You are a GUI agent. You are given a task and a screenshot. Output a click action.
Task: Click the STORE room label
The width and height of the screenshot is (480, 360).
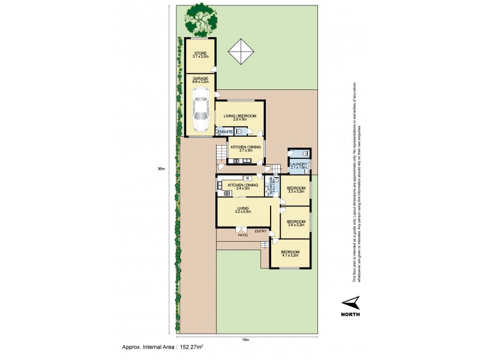[200, 55]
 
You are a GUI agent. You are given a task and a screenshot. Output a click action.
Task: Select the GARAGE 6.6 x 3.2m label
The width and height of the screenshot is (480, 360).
[200, 81]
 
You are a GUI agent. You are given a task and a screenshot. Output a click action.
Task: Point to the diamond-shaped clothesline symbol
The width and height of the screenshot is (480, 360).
[241, 51]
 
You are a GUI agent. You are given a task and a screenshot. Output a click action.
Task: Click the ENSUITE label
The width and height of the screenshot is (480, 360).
[225, 131]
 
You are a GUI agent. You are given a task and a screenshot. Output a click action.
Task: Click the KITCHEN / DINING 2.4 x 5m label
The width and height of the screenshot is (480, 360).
[242, 187]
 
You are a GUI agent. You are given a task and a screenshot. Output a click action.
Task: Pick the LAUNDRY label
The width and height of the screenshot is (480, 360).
[299, 166]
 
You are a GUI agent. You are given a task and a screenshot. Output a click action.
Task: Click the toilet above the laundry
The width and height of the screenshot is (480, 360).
[305, 154]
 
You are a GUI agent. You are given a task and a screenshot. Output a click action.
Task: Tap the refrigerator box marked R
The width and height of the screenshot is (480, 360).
[247, 178]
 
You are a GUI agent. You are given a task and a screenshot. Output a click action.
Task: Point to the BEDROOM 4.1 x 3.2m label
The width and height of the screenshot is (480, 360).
[290, 254]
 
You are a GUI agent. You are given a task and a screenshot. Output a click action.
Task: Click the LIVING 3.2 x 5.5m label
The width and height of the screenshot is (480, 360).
[242, 211]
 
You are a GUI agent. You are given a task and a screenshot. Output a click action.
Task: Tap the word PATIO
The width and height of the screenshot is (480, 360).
[242, 236]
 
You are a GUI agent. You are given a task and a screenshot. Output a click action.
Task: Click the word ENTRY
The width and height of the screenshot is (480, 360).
[260, 231]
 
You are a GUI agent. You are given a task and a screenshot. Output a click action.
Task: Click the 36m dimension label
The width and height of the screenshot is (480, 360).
[161, 169]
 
